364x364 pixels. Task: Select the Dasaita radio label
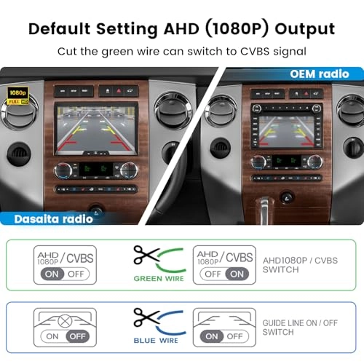[x=45, y=217]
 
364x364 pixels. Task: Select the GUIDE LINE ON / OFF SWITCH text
[x=300, y=327]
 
